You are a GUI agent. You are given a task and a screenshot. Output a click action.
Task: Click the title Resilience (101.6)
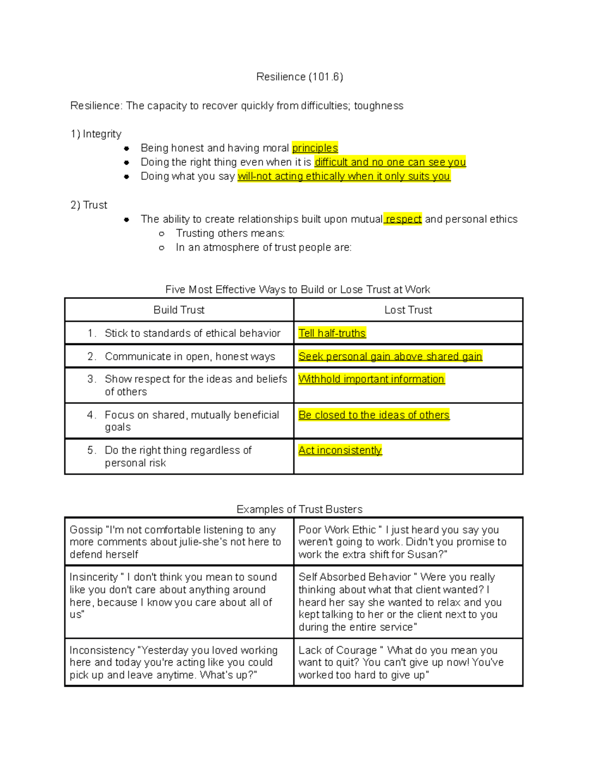coord(299,77)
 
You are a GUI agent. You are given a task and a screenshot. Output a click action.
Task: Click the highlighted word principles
coord(315,148)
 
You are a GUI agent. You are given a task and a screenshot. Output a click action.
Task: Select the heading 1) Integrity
coord(96,134)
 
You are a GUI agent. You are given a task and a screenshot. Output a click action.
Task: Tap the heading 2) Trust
coord(89,205)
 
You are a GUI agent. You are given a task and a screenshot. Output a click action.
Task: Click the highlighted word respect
coord(403,219)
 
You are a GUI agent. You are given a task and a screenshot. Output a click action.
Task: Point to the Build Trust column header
coord(179,310)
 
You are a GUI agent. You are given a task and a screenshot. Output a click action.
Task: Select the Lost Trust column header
coord(408,310)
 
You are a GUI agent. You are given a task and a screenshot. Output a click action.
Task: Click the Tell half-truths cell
coord(332,333)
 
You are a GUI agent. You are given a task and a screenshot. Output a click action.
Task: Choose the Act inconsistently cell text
coord(340,450)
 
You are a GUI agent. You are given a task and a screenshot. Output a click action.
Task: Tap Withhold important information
coord(371,379)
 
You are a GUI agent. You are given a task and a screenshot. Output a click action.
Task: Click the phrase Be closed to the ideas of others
coord(374,415)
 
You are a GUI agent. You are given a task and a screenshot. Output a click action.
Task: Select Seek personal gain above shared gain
coord(390,356)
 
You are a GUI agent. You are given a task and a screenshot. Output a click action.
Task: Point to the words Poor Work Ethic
coord(337,530)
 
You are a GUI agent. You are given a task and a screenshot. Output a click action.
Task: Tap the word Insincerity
coord(93,577)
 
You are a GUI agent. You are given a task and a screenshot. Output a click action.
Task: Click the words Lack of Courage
coord(337,650)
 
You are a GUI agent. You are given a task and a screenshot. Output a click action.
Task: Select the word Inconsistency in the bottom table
coord(102,650)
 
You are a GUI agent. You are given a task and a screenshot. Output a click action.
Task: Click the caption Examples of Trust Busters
coord(299,510)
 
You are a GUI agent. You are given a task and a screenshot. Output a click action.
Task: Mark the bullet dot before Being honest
coord(127,148)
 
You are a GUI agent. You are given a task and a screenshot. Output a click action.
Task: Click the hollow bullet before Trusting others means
coord(161,234)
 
